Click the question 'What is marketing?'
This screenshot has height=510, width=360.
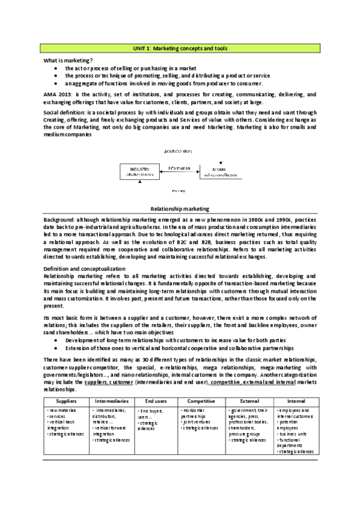coord(68,61)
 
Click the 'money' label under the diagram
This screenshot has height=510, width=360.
coord(178,189)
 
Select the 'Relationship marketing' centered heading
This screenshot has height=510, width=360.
coord(180,208)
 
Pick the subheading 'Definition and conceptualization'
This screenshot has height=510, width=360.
coord(84,268)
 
